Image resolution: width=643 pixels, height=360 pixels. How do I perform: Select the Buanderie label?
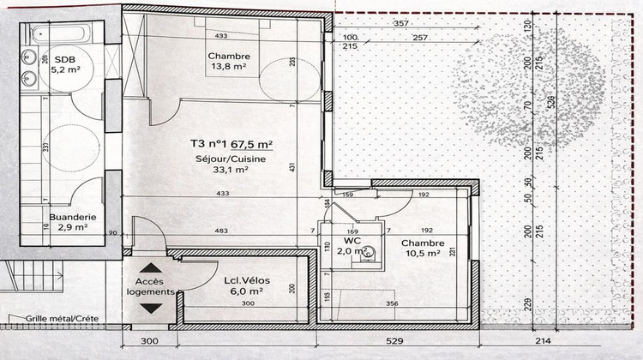(72, 217)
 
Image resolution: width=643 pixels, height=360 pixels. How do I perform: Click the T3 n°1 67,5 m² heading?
(231, 145)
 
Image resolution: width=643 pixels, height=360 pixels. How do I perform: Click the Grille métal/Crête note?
(62, 318)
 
